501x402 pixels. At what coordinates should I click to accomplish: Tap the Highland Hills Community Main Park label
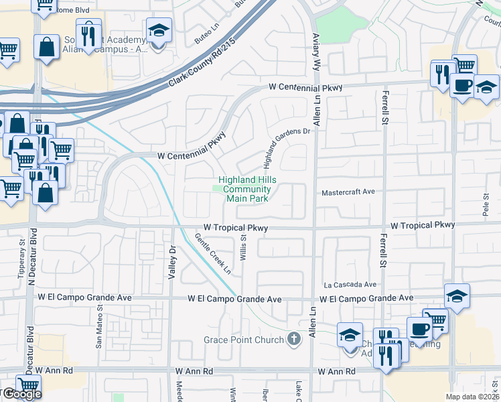(x=245, y=190)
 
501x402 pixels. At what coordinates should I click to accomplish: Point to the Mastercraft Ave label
(x=348, y=192)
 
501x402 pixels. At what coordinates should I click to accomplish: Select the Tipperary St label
(x=22, y=255)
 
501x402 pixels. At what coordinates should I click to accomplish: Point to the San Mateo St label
(x=99, y=328)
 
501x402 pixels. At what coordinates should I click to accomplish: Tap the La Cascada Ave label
(x=350, y=285)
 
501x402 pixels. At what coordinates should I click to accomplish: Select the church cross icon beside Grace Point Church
(x=293, y=340)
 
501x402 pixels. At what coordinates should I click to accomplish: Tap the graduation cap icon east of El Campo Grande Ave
(x=457, y=296)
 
